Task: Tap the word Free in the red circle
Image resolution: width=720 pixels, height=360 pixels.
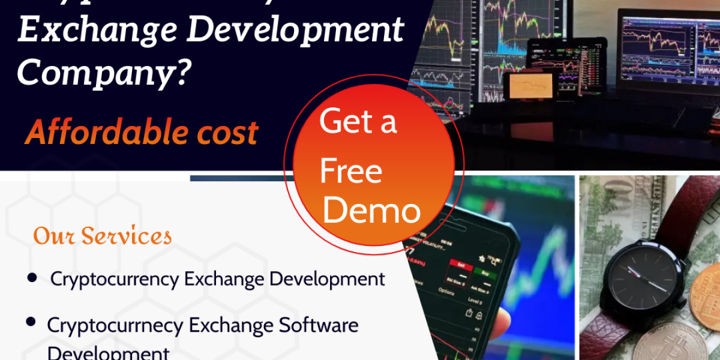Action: pos(351,172)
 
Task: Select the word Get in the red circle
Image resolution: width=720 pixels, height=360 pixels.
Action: pos(340,122)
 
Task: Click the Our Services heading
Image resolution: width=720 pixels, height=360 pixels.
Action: pos(103,236)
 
